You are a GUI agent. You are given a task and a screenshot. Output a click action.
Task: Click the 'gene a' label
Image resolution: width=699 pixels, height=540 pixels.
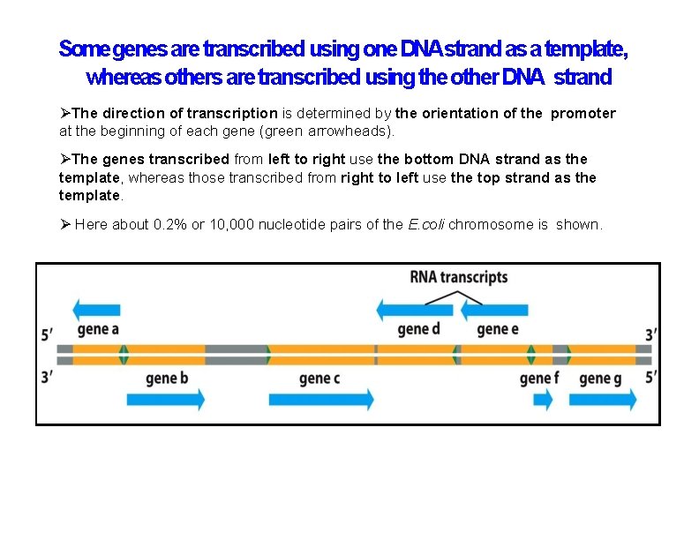[x=98, y=330]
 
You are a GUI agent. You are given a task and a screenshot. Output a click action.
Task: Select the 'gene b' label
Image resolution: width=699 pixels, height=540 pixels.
[x=168, y=379]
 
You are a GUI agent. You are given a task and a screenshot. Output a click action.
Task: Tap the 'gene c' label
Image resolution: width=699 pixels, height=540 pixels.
[x=319, y=379]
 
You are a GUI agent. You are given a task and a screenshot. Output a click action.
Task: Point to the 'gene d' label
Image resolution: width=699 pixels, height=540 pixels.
[x=418, y=330]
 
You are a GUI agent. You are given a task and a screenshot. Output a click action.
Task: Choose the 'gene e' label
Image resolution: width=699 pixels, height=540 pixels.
[x=499, y=330]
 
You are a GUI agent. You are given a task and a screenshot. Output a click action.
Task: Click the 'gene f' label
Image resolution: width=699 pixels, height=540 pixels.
[x=539, y=379]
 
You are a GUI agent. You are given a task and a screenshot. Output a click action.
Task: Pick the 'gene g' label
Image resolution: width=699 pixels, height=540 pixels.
[x=601, y=379]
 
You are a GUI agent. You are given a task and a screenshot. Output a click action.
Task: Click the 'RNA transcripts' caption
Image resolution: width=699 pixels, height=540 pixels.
[x=459, y=277]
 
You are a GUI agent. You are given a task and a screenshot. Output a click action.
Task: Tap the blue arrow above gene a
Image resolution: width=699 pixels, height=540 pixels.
[x=96, y=309]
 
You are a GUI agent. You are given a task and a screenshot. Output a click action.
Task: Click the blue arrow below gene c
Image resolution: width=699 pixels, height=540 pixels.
[x=322, y=400]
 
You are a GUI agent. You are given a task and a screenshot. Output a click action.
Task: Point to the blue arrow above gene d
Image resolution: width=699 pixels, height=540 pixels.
[x=415, y=310]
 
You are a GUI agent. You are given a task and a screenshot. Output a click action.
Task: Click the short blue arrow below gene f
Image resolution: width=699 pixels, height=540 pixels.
[x=543, y=400]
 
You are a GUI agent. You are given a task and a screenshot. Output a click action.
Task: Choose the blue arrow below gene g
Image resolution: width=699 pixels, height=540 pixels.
[x=607, y=400]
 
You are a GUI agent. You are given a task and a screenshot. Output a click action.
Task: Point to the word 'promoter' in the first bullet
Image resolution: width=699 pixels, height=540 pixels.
[x=583, y=113]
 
